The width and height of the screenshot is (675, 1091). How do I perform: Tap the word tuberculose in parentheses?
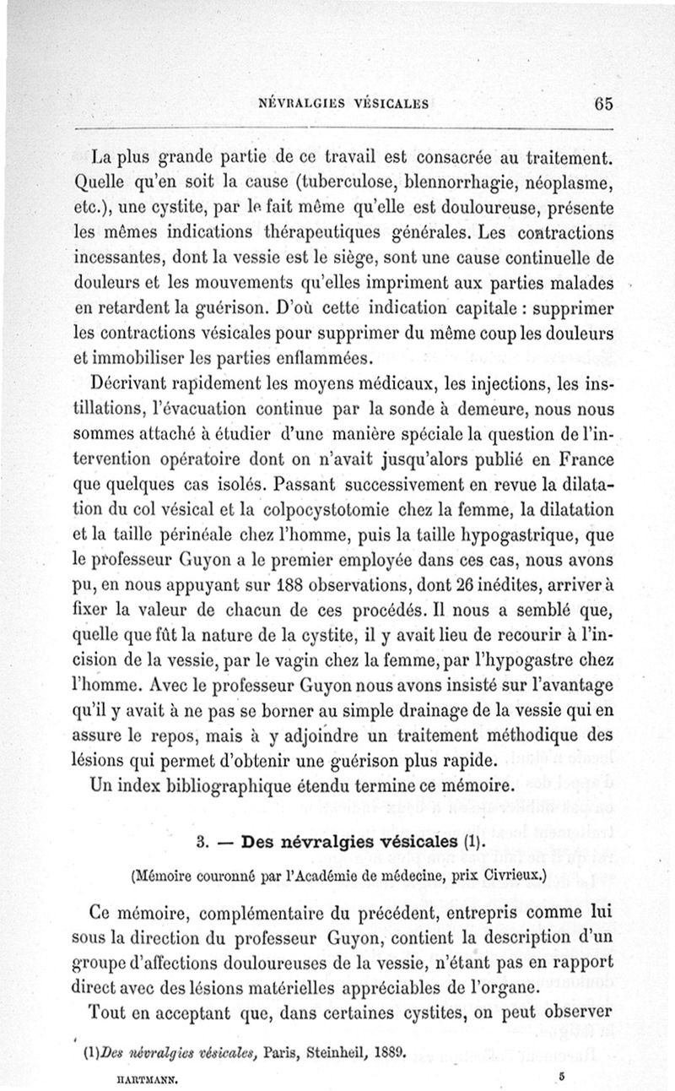(x=307, y=182)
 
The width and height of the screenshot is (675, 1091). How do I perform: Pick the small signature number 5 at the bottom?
(x=560, y=1075)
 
